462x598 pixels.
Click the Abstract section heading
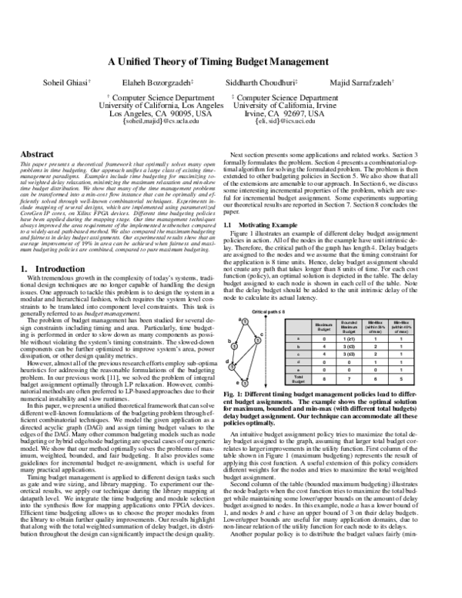pos(36,155)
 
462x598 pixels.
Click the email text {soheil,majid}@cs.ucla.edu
pos(156,122)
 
